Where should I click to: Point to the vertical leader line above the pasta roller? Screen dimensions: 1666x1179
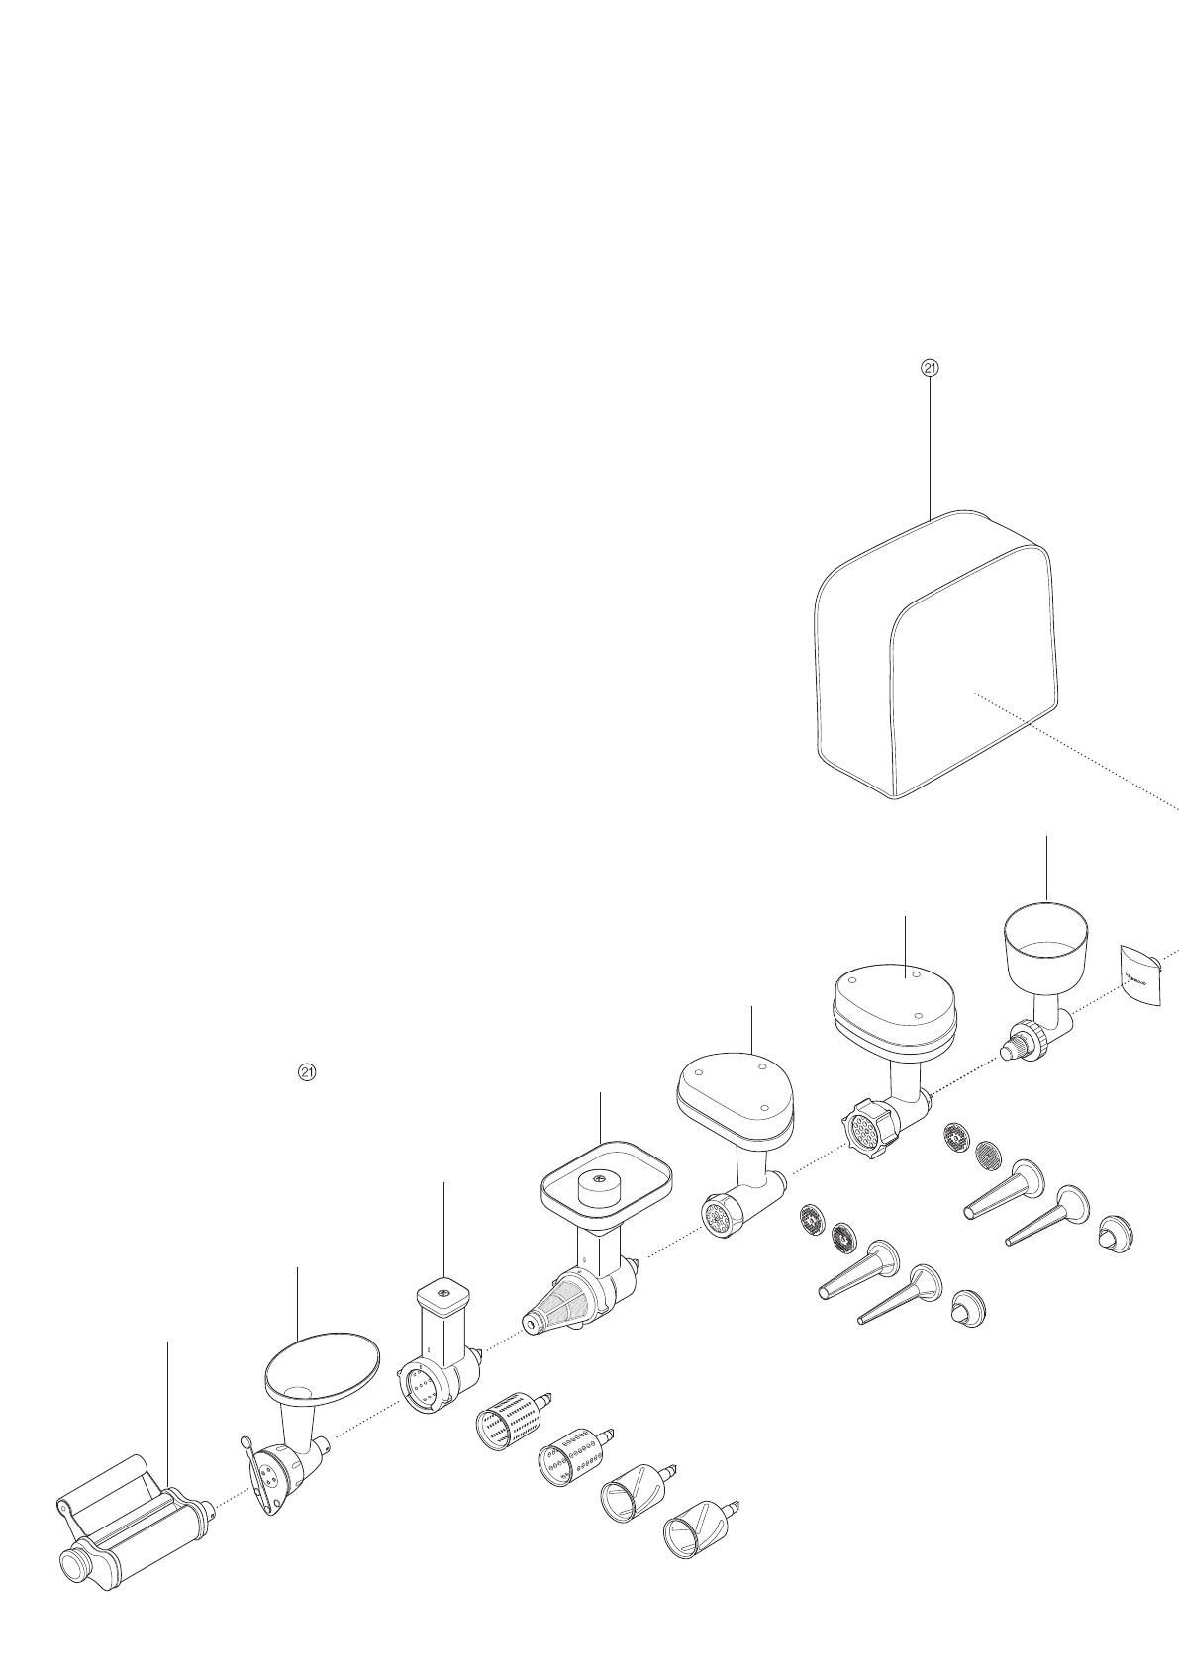point(167,1415)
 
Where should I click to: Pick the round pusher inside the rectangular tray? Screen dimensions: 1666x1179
point(600,1184)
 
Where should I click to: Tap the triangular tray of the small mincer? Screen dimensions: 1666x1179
point(736,1090)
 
